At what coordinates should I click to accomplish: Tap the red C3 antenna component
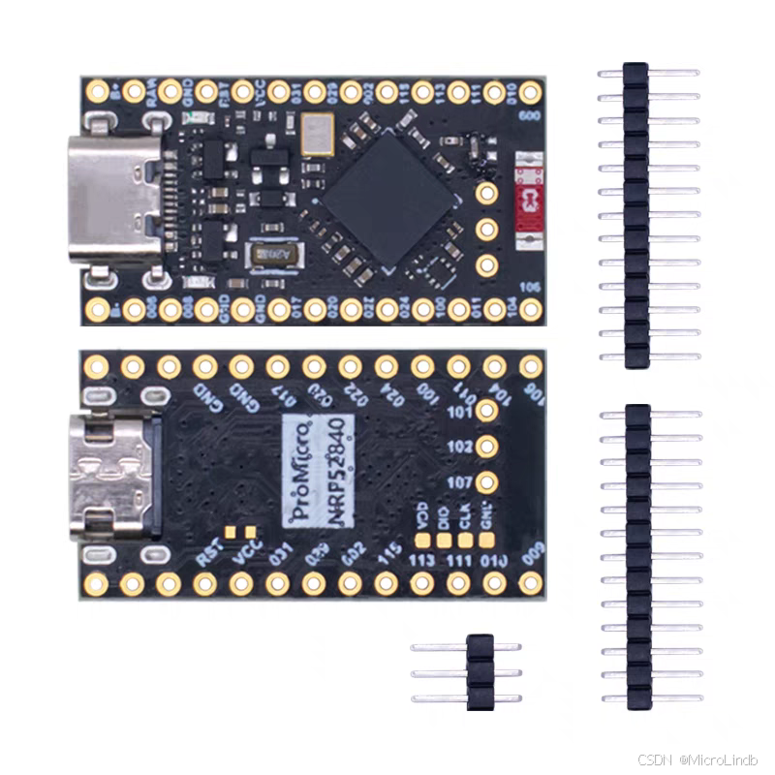[x=528, y=201]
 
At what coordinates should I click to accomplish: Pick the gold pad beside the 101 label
[x=487, y=411]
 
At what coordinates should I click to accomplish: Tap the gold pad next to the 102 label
[x=487, y=447]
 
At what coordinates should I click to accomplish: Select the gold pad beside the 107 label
[x=487, y=481]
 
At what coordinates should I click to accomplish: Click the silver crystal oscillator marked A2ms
[x=275, y=255]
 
